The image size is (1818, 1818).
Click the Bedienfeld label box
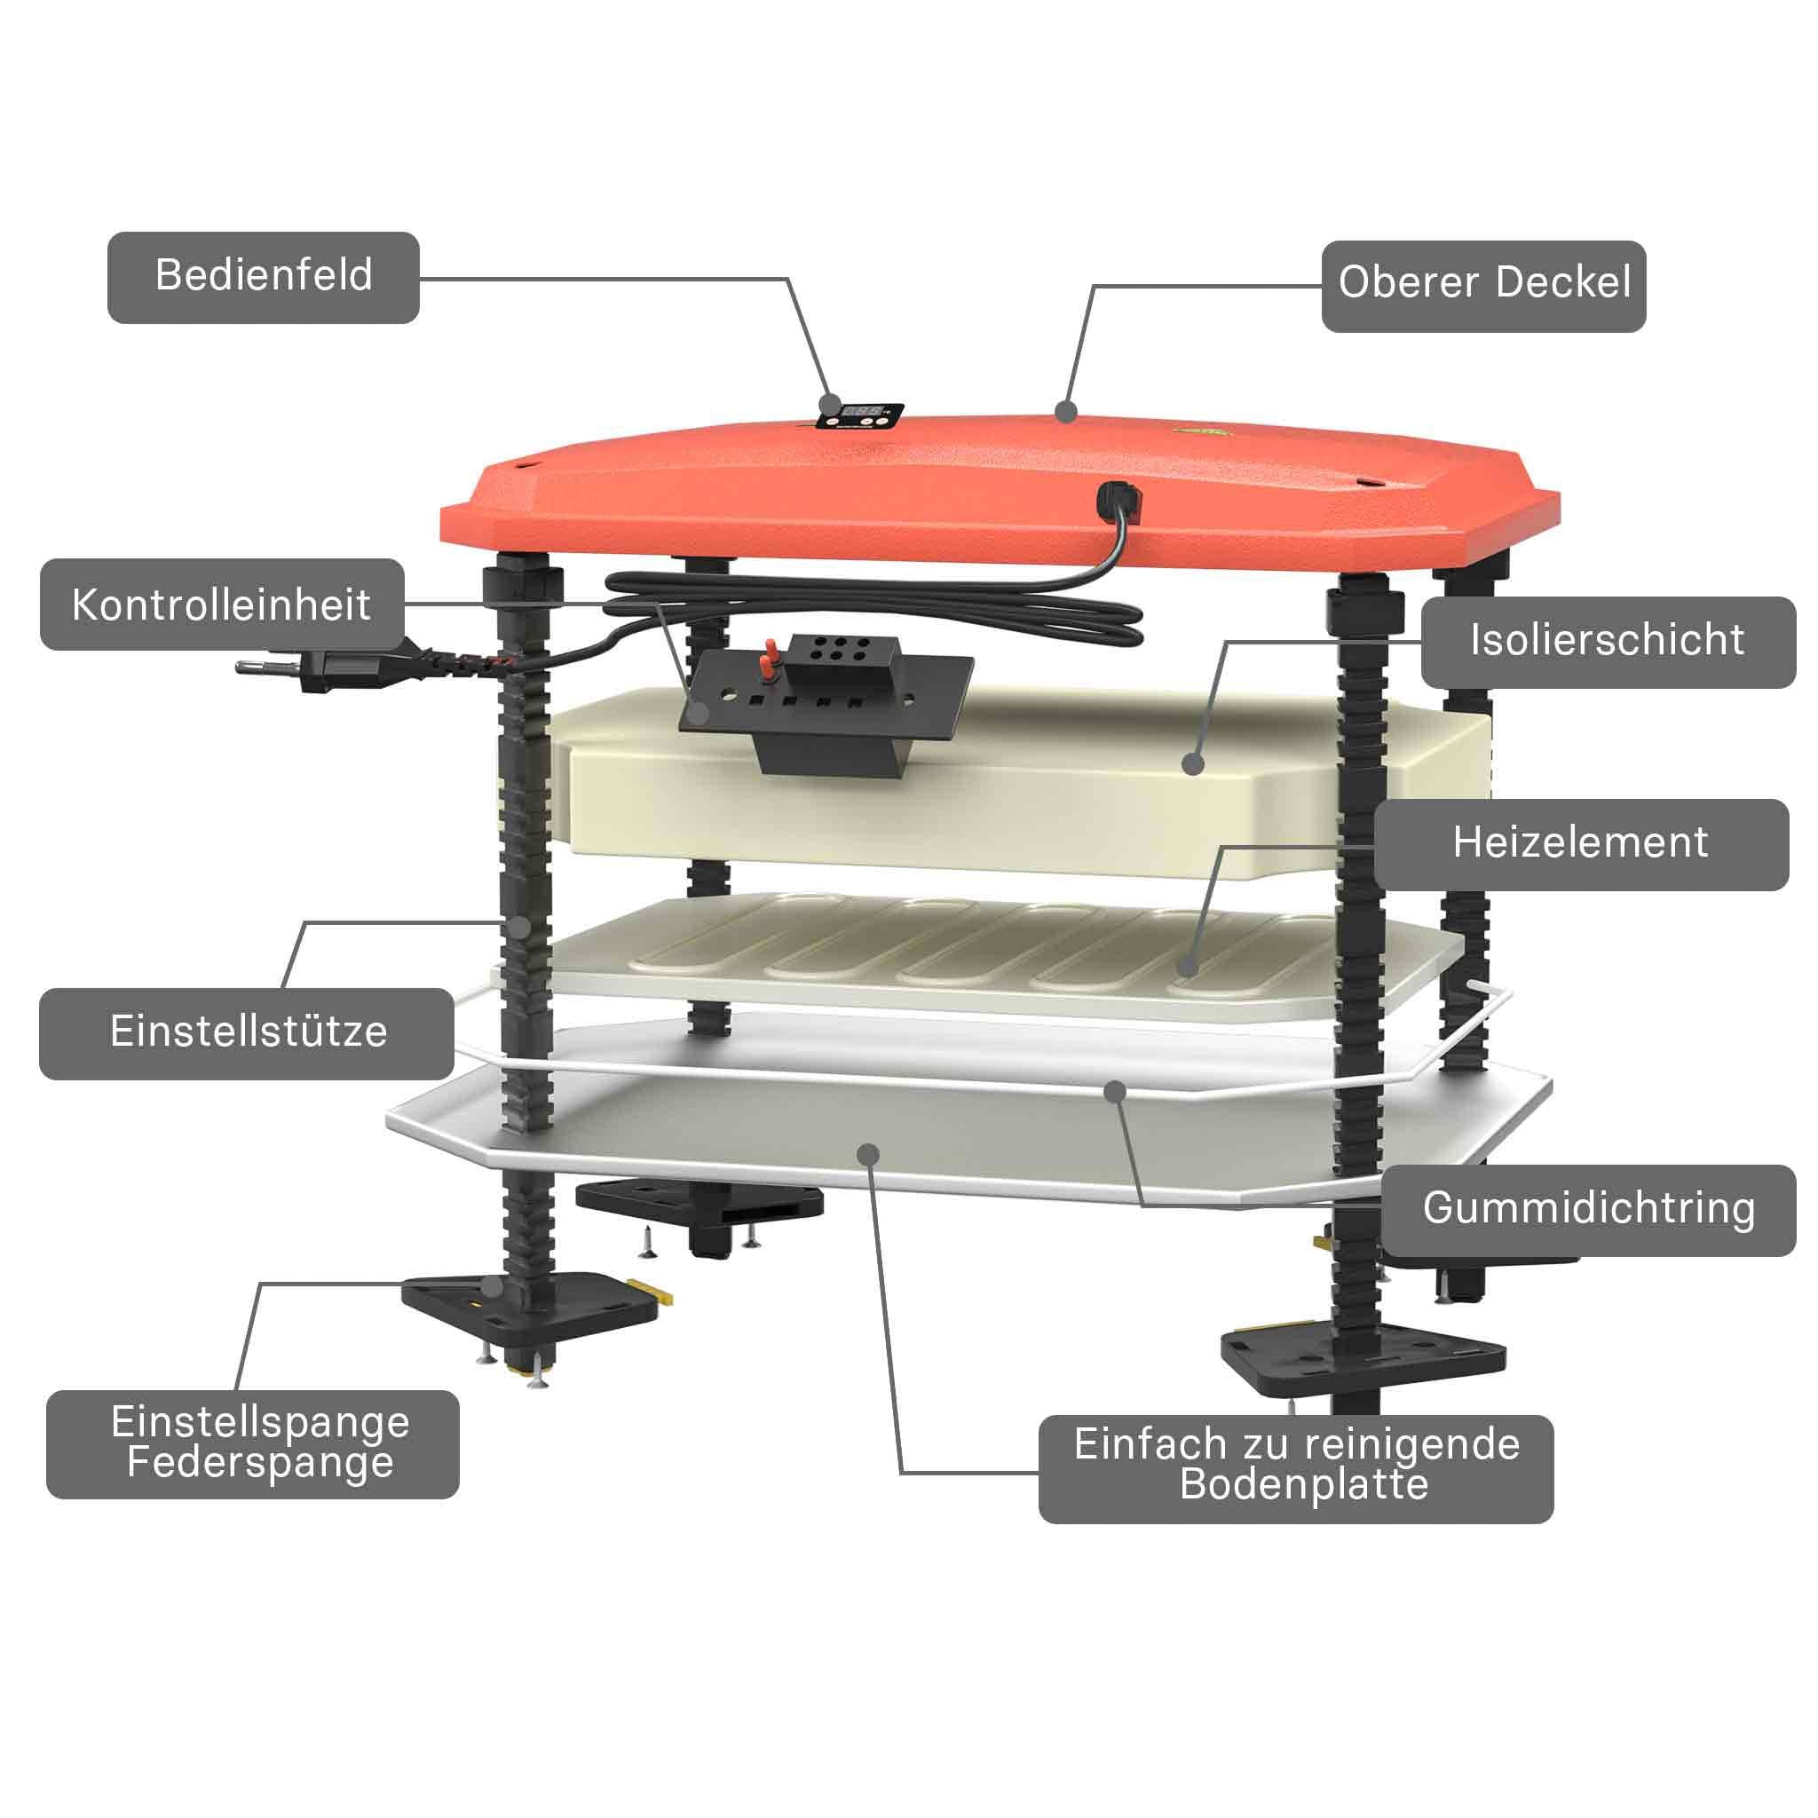(x=264, y=278)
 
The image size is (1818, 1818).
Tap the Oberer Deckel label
(x=1484, y=286)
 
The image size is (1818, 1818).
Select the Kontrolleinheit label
(x=222, y=605)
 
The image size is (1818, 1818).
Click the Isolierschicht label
(x=1609, y=642)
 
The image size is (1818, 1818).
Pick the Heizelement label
(x=1581, y=844)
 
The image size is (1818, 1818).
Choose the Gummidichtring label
(x=1589, y=1210)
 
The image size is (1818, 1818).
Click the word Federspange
(x=261, y=1461)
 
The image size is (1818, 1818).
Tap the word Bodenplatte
(x=1304, y=1484)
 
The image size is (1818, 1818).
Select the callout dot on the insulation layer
(x=1193, y=763)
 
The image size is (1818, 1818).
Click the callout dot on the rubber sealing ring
(x=1115, y=1092)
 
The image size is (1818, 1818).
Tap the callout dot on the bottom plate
(x=868, y=1155)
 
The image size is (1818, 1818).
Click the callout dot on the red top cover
(x=1065, y=411)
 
